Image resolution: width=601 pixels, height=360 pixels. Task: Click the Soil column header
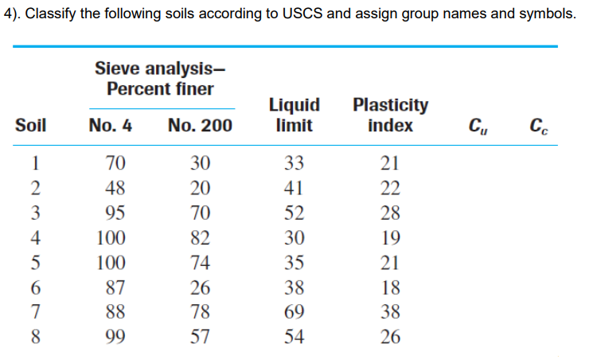(x=30, y=125)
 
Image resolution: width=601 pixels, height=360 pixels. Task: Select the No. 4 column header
(x=111, y=125)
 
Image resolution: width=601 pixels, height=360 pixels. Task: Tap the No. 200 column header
(x=201, y=125)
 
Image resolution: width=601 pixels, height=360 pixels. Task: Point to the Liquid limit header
(x=295, y=115)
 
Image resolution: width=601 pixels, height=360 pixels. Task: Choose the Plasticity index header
(x=390, y=115)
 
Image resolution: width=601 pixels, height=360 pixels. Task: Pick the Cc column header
(x=538, y=126)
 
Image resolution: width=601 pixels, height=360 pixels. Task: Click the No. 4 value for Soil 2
(x=115, y=189)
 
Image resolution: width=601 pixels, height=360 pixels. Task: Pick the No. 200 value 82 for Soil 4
(x=200, y=238)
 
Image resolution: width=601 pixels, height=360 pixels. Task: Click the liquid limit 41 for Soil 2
(x=295, y=189)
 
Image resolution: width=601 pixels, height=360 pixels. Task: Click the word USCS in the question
(x=299, y=14)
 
